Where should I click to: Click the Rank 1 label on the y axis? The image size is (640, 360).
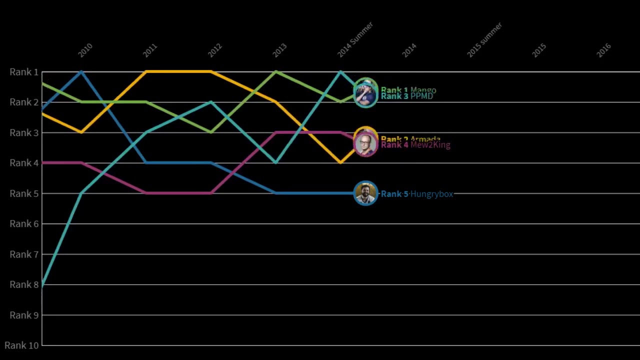coord(24,72)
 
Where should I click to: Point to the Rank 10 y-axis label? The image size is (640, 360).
coord(21,345)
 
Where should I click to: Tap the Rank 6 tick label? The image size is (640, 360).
coord(24,223)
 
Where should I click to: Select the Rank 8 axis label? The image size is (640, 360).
coord(24,284)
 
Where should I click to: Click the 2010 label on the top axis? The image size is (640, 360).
coord(85,50)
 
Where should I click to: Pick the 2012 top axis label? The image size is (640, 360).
coord(214,50)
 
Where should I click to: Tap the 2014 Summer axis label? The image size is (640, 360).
coord(355,39)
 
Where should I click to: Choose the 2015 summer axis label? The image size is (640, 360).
coord(484,39)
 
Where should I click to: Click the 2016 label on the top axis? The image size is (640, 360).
coord(603,50)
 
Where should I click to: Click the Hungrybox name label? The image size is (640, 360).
coord(431,194)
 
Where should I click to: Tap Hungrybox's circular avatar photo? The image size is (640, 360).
coord(365,193)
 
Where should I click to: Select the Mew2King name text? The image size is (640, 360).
coord(430,145)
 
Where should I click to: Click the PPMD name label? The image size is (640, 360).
coord(421,96)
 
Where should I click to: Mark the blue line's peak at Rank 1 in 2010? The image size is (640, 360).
coord(81,72)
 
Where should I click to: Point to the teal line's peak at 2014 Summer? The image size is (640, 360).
coord(340,72)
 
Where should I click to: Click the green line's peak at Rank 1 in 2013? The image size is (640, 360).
coord(275,72)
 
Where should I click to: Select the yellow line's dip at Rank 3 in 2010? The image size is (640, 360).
coord(81,132)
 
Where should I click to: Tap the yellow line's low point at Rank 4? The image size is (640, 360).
coord(340,162)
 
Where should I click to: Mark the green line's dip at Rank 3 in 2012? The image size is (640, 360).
coord(211,132)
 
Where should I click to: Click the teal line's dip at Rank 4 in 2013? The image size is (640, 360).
coord(275,162)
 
